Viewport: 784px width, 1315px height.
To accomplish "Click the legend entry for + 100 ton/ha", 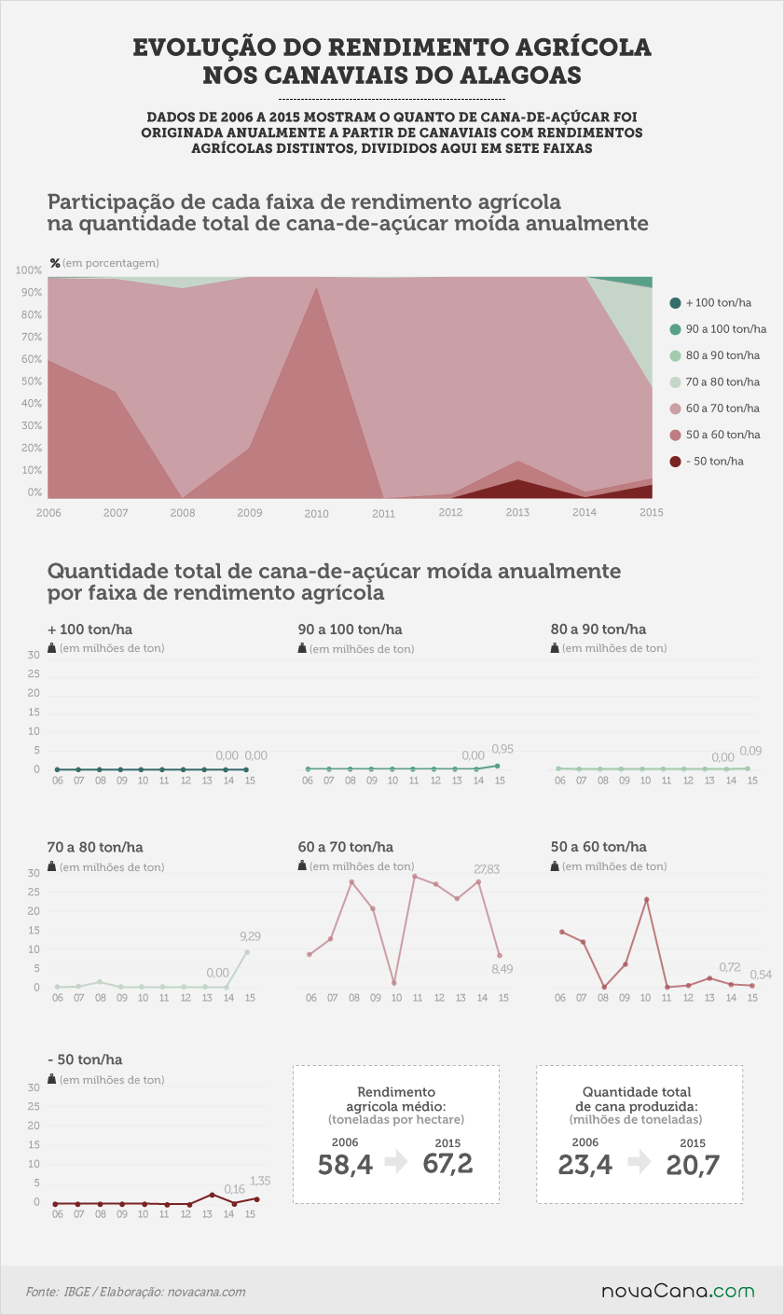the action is (x=710, y=303).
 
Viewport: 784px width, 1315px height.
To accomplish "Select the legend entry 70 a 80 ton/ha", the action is (x=715, y=382).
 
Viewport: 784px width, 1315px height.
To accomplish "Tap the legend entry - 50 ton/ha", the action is (x=707, y=462).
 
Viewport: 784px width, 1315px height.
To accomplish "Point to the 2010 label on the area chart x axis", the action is (x=316, y=514).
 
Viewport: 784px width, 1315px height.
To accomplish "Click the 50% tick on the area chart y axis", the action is (x=31, y=381).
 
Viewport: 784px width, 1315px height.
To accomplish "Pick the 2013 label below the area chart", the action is (x=517, y=513).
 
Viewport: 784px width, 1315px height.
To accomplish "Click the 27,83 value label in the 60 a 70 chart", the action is (x=487, y=869).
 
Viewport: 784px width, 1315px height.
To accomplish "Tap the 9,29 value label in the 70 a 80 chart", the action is (x=250, y=936).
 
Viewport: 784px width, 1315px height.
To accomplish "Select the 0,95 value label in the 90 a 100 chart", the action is (x=502, y=749).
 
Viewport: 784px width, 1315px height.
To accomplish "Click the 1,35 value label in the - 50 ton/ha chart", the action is (x=260, y=1181).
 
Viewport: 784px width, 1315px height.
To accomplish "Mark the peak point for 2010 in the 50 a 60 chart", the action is (x=646, y=899).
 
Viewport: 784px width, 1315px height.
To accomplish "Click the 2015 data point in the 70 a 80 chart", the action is (x=247, y=952).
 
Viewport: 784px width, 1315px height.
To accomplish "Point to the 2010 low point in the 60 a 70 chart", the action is (x=394, y=983).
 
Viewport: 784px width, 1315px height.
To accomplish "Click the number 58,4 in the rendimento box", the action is (x=345, y=1165).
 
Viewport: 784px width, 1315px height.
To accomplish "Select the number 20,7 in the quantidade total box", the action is (x=693, y=1165).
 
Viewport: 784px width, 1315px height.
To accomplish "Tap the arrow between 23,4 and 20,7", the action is (x=640, y=1162).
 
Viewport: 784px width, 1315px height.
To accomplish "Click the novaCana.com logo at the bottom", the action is (x=678, y=1292).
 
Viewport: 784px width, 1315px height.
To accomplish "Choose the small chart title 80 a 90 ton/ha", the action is (x=598, y=630).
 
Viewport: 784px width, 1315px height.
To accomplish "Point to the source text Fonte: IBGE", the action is (x=58, y=1292).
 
